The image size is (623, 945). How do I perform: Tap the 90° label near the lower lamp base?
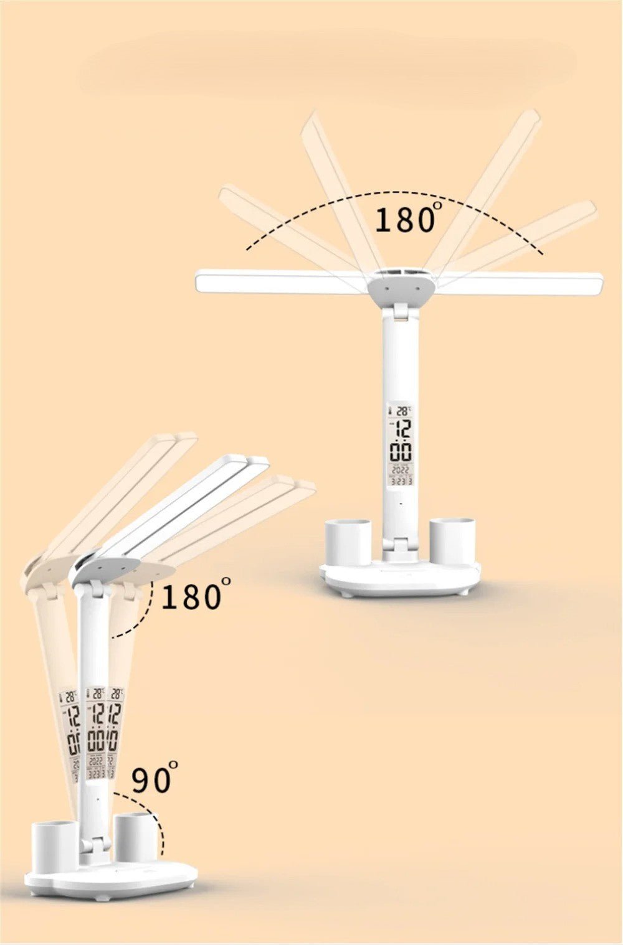pyautogui.click(x=153, y=779)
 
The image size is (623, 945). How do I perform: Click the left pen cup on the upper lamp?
pyautogui.click(x=348, y=543)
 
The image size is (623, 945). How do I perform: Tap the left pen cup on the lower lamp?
pyautogui.click(x=54, y=846)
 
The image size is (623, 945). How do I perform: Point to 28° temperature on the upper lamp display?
pyautogui.click(x=404, y=411)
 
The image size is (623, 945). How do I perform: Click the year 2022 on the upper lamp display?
pyautogui.click(x=401, y=471)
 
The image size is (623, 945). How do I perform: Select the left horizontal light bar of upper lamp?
pyautogui.click(x=280, y=281)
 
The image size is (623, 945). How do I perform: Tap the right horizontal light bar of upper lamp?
pyautogui.click(x=520, y=283)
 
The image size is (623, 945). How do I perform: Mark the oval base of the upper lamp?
pyautogui.click(x=400, y=579)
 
